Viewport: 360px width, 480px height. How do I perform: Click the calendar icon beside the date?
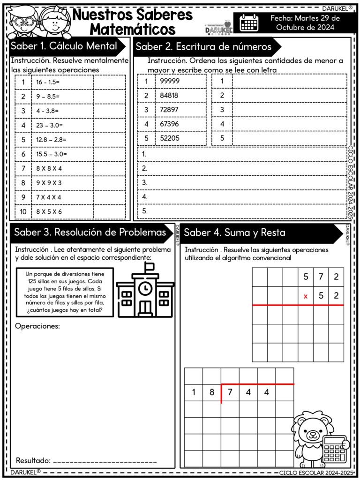[249, 22]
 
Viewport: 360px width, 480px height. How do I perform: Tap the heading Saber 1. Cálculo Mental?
[64, 46]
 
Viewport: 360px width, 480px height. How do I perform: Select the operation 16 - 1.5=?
[47, 82]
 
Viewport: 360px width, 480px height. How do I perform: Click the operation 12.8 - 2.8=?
[51, 140]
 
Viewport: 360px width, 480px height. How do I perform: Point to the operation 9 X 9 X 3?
[49, 183]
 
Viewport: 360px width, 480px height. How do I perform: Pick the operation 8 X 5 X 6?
[49, 211]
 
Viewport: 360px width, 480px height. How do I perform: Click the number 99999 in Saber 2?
[170, 81]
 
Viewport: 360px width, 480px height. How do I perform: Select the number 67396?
[170, 124]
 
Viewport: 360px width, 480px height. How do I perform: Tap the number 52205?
[170, 138]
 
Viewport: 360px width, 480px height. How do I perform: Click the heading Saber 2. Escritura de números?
[203, 47]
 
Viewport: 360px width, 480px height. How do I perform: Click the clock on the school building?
[145, 287]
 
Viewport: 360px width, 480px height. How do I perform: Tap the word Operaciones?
[37, 326]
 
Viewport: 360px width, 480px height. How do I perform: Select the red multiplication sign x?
[306, 296]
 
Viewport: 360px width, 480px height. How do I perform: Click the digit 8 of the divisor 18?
[212, 393]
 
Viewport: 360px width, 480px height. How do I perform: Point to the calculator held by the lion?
[335, 450]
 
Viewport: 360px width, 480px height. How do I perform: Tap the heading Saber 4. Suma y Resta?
[234, 232]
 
